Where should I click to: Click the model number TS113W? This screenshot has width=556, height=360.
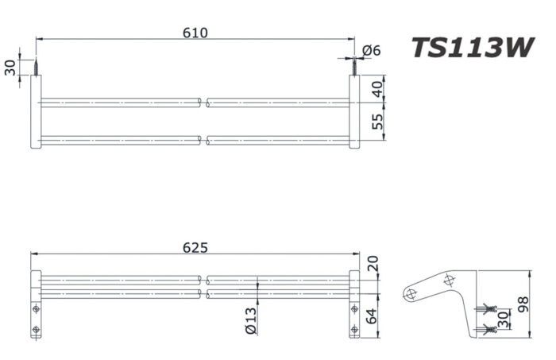pos(472,49)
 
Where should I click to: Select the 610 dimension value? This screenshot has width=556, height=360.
pos(195,33)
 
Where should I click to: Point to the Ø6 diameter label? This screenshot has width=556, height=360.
pos(372,51)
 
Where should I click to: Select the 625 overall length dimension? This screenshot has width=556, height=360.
pos(195,247)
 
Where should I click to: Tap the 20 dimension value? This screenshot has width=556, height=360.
pos(373,263)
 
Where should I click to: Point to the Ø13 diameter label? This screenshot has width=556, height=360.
pos(251,319)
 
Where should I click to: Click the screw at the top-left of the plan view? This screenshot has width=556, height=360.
pos(37,67)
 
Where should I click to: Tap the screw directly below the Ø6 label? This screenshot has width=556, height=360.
pos(353,67)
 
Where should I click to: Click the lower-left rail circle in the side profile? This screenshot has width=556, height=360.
pos(411,293)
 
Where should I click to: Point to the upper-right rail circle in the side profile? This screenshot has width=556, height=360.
pos(450,280)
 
